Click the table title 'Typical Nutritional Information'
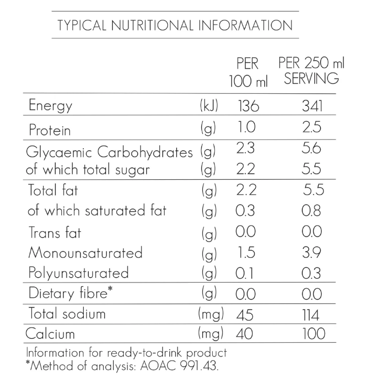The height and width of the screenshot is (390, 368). pyautogui.click(x=175, y=25)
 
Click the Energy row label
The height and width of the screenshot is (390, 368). pyautogui.click(x=50, y=106)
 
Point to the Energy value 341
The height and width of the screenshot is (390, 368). pyautogui.click(x=312, y=106)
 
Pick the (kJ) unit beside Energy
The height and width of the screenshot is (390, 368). pyautogui.click(x=209, y=106)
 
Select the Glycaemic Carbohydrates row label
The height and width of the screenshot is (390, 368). pyautogui.click(x=111, y=153)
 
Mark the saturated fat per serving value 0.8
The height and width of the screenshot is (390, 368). pyautogui.click(x=312, y=211)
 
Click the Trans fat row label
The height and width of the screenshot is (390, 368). pyautogui.click(x=55, y=232)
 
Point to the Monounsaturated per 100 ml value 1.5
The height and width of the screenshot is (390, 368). pyautogui.click(x=245, y=253)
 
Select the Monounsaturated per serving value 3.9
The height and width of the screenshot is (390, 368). pyautogui.click(x=312, y=253)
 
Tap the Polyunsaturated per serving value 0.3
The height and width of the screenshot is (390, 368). pyautogui.click(x=312, y=273)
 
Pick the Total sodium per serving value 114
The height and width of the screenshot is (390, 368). pyautogui.click(x=312, y=315)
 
